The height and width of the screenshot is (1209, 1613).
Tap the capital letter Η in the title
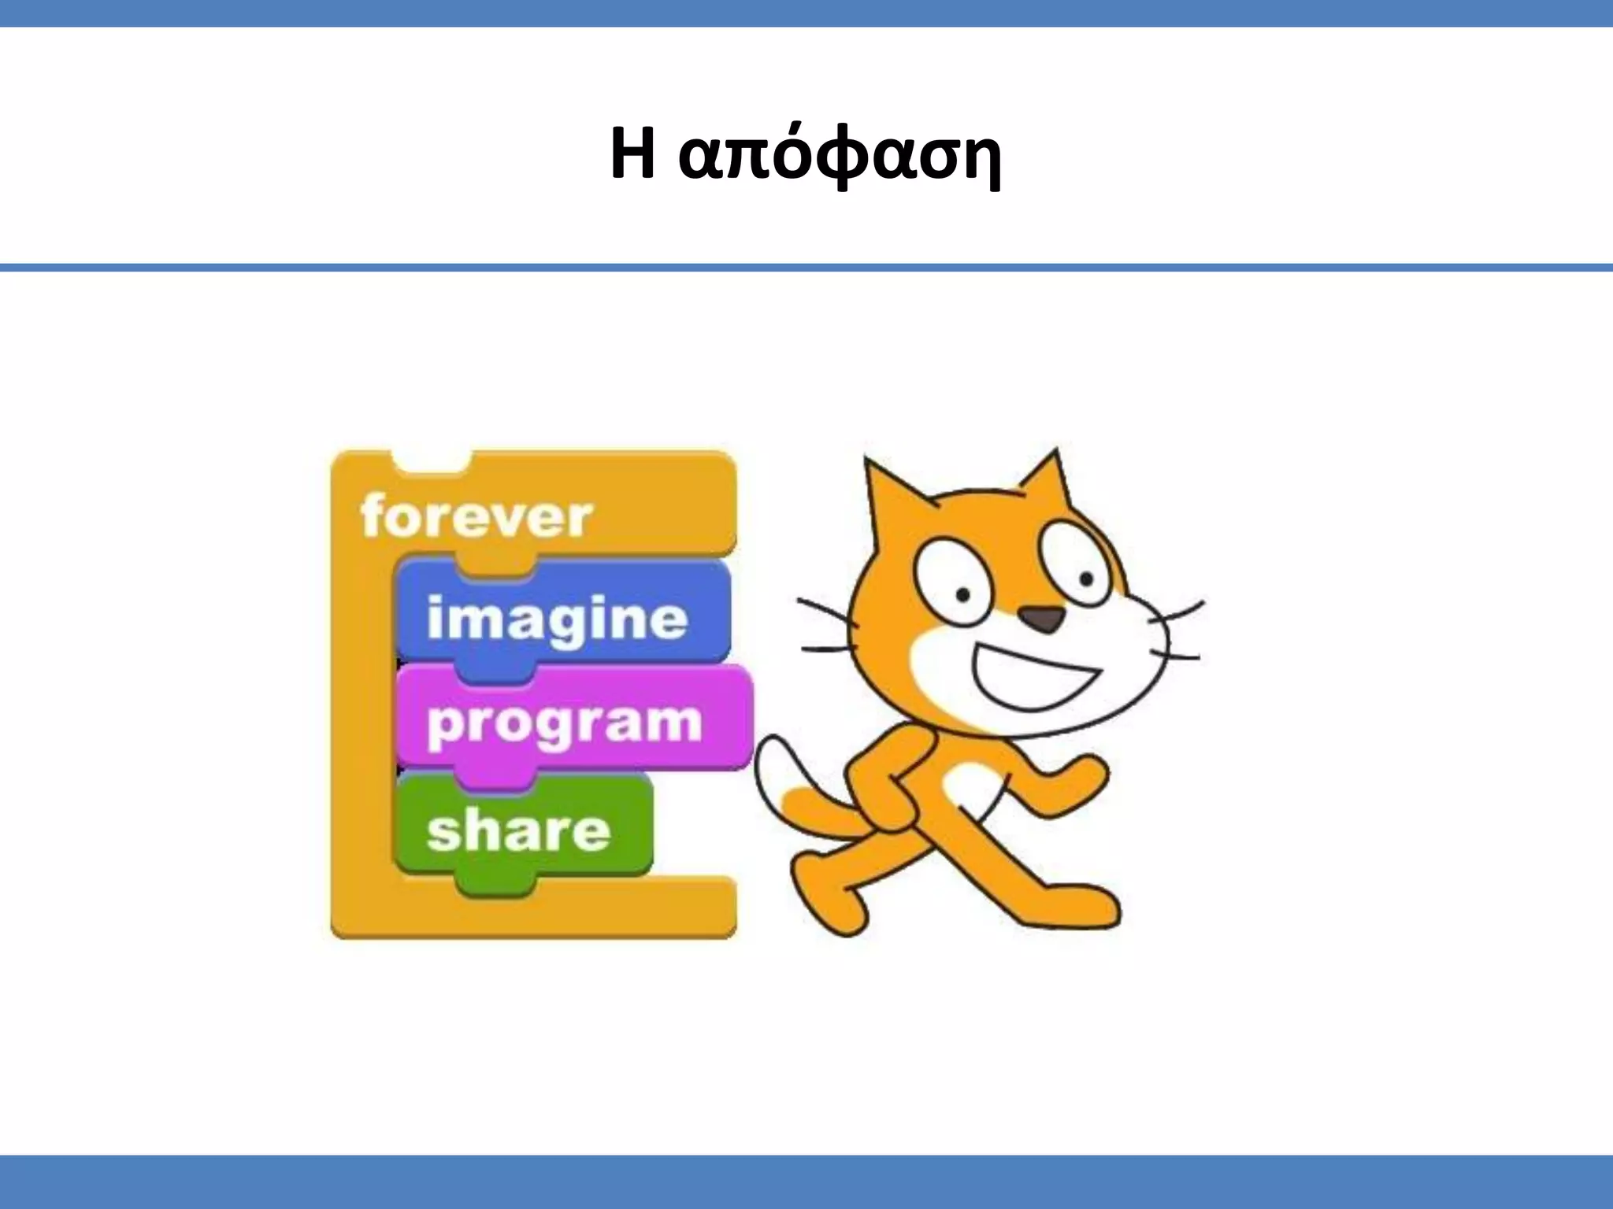(x=632, y=154)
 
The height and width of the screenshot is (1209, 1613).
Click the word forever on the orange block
(x=476, y=517)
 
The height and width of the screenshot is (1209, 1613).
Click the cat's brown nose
(x=1044, y=619)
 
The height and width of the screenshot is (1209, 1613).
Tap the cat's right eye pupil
(x=1086, y=579)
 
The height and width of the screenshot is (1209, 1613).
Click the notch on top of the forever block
(x=431, y=463)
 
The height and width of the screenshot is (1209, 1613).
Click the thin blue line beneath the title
(x=806, y=268)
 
